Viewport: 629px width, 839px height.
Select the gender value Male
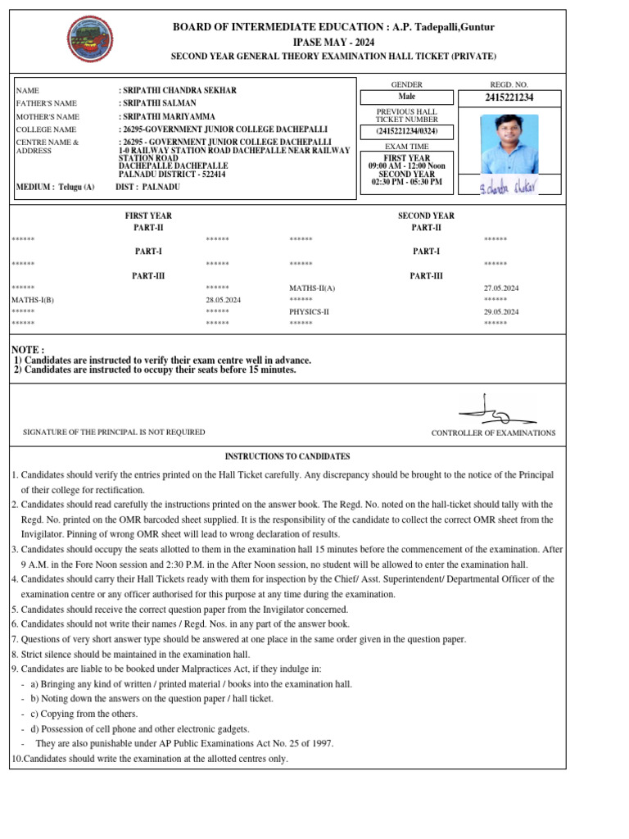point(407,98)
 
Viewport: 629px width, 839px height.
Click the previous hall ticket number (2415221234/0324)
point(407,132)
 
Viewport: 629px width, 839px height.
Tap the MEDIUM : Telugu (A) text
point(56,187)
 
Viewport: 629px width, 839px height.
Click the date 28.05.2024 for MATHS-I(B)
point(224,301)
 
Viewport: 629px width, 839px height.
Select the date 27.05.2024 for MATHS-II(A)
point(501,288)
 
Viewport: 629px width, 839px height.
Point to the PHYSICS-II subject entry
point(309,312)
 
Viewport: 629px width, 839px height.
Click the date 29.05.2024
point(501,312)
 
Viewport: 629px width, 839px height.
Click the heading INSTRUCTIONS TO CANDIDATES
point(287,456)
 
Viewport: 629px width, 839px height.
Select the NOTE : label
point(28,350)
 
